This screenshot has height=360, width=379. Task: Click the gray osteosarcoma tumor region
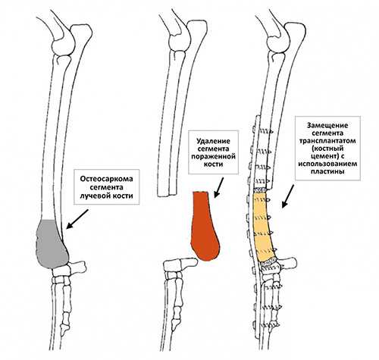[52, 244]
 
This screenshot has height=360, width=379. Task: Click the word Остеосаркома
[106, 179]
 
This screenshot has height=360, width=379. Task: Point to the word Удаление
[214, 141]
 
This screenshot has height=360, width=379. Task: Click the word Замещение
[327, 126]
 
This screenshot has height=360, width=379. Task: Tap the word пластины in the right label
[327, 171]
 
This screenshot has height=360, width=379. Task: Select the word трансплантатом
[327, 141]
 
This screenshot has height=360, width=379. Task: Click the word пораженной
[214, 156]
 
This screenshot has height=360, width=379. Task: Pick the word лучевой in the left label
[96, 196]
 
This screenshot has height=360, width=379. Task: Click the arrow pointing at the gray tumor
[77, 219]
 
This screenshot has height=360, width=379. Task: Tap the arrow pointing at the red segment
[218, 187]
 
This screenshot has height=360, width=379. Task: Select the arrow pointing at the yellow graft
[288, 196]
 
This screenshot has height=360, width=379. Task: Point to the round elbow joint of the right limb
[278, 42]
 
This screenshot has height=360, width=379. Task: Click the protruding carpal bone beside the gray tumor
[77, 267]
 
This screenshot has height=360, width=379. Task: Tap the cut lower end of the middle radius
[167, 195]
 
